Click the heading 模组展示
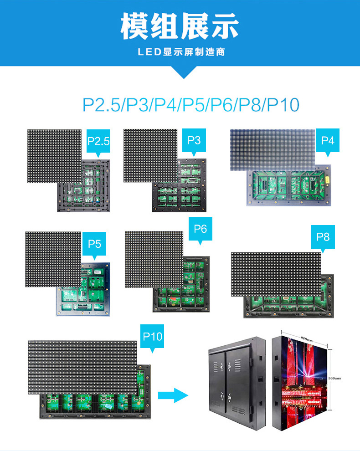[180, 26]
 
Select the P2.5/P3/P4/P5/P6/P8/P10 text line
[190, 104]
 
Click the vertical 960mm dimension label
[335, 378]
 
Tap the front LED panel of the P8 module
[276, 273]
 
